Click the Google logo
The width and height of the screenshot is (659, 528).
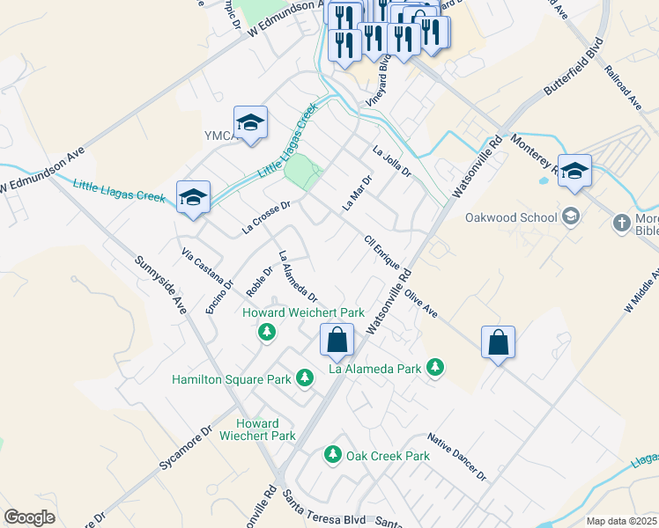point(29,517)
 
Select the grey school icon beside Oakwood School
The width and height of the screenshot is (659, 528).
point(571,216)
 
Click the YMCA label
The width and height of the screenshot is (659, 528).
point(217,135)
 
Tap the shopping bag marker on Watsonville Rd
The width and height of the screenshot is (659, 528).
point(337,341)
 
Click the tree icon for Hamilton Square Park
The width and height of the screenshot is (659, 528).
point(304,378)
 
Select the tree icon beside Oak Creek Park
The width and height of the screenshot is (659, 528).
point(333,455)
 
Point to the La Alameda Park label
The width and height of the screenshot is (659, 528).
point(374,370)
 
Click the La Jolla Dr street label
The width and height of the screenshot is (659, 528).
point(392,161)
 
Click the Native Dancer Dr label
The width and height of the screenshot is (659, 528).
point(456,456)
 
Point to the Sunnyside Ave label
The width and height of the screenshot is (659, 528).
point(160,285)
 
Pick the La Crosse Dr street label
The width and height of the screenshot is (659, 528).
point(266,218)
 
